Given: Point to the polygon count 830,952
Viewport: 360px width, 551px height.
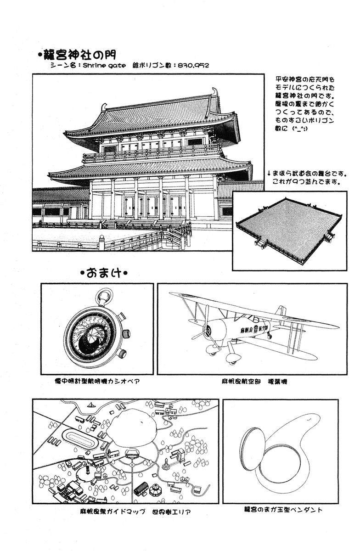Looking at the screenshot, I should click(192, 66).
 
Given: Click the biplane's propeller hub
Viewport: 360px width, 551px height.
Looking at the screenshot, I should click(207, 329).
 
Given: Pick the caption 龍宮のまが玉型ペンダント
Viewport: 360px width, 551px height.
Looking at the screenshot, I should click(283, 509).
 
